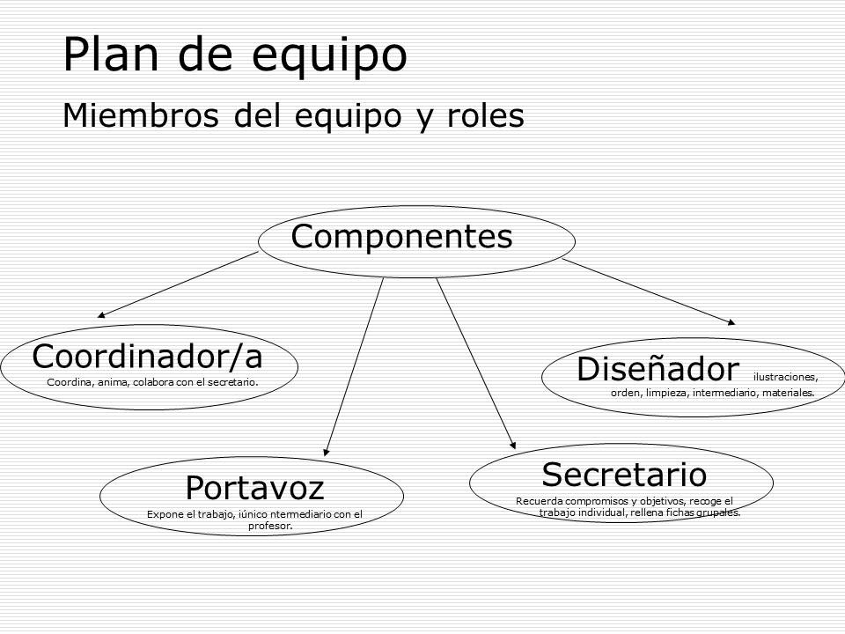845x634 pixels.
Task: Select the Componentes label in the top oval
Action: (401, 237)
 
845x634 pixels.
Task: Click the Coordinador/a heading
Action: (147, 357)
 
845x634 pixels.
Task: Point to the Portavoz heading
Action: (254, 487)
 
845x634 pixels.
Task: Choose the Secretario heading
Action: (624, 475)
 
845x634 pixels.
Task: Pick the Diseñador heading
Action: (658, 369)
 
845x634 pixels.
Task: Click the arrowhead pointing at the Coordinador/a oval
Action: (102, 313)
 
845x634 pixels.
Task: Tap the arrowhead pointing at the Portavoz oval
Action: (327, 452)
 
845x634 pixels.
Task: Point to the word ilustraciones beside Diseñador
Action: (785, 377)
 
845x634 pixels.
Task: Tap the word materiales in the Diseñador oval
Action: (788, 393)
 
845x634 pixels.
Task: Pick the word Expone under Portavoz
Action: (163, 514)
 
